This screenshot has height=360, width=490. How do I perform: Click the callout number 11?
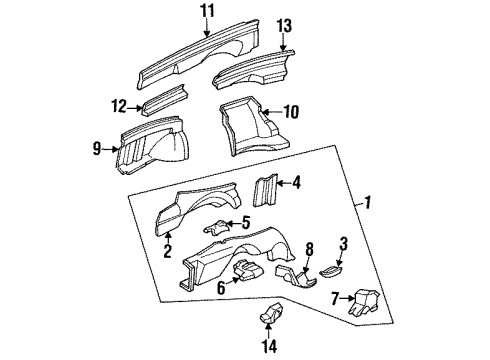click(206, 13)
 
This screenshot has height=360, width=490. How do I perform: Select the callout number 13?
click(284, 25)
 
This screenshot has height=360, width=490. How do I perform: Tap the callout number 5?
click(246, 222)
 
